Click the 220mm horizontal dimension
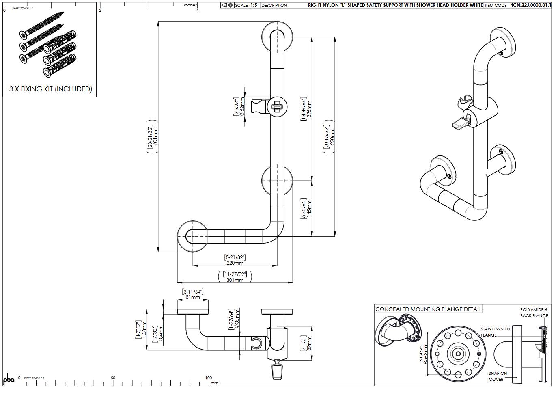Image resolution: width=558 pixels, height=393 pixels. point(235,263)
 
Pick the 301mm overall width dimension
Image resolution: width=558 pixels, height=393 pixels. point(235,280)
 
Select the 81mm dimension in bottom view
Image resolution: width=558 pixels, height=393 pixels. point(193,297)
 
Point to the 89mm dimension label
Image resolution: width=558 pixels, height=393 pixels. point(310,343)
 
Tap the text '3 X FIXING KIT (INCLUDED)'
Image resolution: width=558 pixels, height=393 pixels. point(51,89)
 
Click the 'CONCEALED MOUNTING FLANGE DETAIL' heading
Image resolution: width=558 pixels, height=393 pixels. point(428,309)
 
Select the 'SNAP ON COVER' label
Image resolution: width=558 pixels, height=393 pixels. point(498,376)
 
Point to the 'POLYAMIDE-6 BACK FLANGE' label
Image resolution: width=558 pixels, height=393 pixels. point(534,312)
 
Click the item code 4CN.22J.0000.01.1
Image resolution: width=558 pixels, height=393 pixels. point(530,5)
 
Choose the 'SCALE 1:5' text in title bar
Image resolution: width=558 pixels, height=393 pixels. point(246,5)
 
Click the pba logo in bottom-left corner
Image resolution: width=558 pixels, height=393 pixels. point(9,379)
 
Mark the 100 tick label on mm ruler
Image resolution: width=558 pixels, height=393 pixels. point(208,378)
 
